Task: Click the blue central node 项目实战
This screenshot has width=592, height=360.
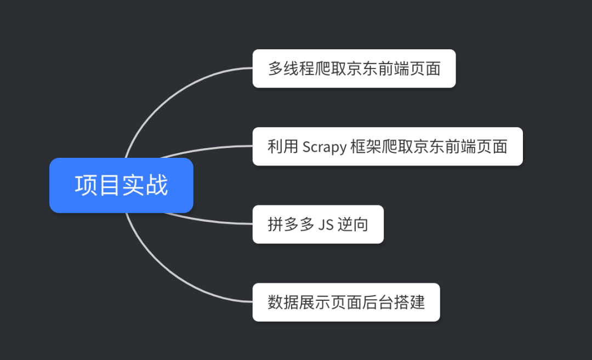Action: point(121,185)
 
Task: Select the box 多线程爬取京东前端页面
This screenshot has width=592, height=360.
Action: point(354,68)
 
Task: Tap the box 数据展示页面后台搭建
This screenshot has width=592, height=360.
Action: point(346,302)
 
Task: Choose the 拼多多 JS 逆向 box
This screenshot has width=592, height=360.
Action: point(318,224)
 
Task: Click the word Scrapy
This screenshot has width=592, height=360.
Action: point(325,147)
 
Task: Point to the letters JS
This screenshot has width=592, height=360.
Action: point(326,225)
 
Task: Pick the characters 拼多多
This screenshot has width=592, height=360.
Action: point(291,225)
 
